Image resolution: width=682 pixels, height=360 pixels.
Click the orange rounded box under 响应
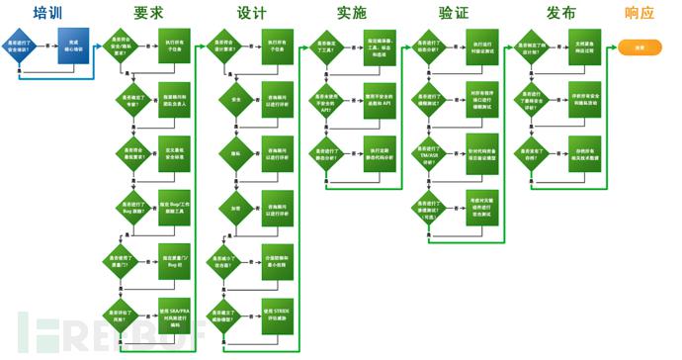640,46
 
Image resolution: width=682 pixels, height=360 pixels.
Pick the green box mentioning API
382,100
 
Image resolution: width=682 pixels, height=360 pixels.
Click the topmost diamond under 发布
533,46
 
